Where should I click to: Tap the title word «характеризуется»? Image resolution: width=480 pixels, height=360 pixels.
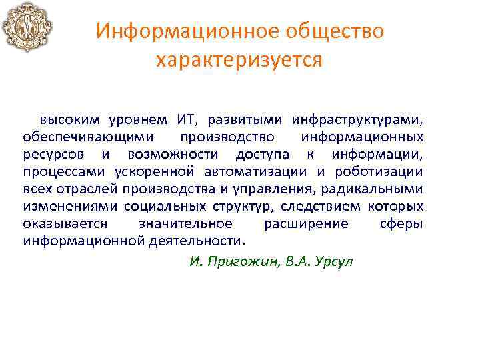tap(239, 61)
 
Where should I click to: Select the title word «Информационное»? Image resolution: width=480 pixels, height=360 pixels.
tap(179, 31)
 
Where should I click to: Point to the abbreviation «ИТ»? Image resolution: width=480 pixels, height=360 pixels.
tap(185, 120)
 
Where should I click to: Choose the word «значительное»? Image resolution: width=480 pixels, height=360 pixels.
tap(185, 223)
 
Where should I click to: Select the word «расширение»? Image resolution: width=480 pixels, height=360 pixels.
tap(306, 223)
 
